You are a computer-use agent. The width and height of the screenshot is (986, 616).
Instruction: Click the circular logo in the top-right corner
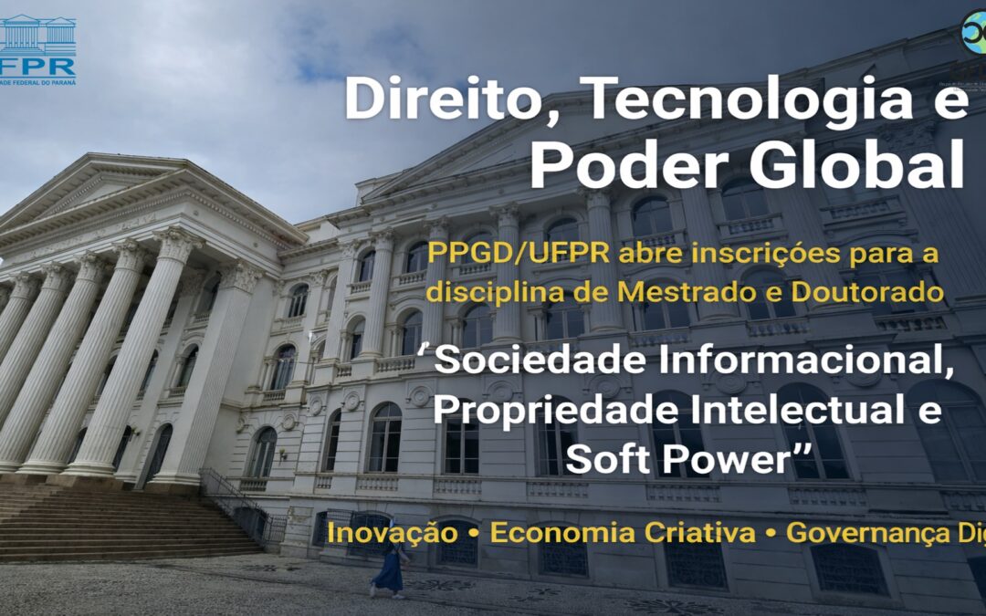(x=974, y=32)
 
